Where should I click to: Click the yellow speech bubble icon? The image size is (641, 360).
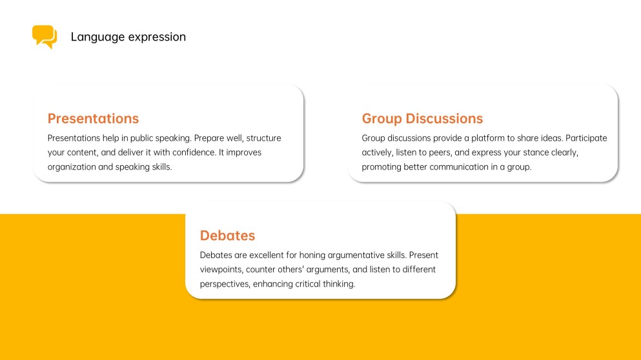pyautogui.click(x=45, y=36)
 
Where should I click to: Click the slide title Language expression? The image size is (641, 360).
pyautogui.click(x=128, y=37)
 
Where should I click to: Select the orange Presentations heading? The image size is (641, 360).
pyautogui.click(x=93, y=119)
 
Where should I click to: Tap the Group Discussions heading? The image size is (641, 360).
pyautogui.click(x=422, y=119)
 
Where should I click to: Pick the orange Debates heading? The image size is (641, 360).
pyautogui.click(x=227, y=235)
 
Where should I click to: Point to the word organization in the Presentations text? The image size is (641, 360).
pyautogui.click(x=72, y=166)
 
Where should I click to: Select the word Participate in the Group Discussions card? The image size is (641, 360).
pyautogui.click(x=586, y=138)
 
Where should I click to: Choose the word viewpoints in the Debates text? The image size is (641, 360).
pyautogui.click(x=221, y=270)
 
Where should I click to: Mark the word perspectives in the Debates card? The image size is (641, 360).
pyautogui.click(x=225, y=284)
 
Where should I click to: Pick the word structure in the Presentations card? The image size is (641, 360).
pyautogui.click(x=263, y=138)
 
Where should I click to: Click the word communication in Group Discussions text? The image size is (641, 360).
pyautogui.click(x=459, y=166)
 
